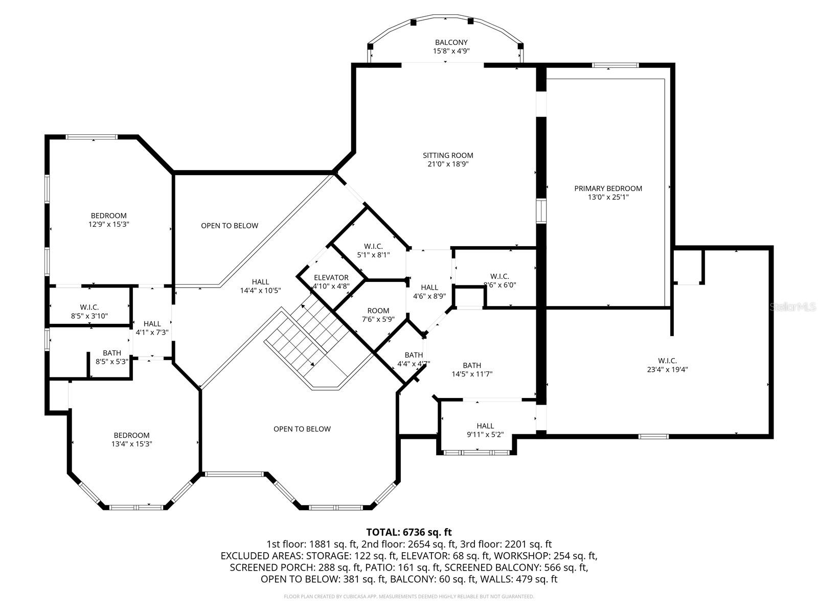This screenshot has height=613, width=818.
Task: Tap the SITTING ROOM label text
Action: click(x=448, y=155)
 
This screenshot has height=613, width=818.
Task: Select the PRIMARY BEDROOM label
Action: click(x=608, y=188)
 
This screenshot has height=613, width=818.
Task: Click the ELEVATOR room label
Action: click(x=331, y=278)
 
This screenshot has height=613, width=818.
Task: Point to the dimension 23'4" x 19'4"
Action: click(x=667, y=370)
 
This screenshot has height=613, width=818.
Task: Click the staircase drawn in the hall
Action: click(x=307, y=337)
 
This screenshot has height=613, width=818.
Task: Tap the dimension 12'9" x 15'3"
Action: click(x=108, y=224)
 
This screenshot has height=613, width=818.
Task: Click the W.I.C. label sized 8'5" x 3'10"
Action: click(x=89, y=307)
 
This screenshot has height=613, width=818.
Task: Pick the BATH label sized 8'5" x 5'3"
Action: click(x=112, y=353)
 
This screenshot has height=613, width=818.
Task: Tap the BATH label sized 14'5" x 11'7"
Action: click(x=472, y=365)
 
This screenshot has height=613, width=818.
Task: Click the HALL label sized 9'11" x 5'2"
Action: click(x=485, y=426)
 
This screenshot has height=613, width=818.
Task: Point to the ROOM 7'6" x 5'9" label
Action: click(x=378, y=311)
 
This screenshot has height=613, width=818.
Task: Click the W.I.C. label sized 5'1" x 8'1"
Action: click(x=373, y=246)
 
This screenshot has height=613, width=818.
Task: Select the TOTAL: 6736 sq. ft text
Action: click(x=409, y=532)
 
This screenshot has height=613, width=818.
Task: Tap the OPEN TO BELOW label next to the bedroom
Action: click(x=230, y=226)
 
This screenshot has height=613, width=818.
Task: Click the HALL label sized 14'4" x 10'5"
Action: click(x=260, y=282)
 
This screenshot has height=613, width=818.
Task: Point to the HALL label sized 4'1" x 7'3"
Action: click(x=152, y=324)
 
